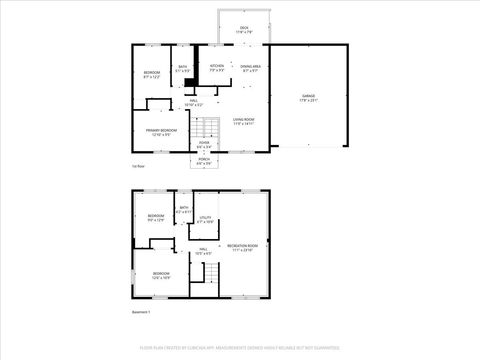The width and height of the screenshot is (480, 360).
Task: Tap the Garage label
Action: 308,98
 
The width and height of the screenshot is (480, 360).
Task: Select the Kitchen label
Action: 217,69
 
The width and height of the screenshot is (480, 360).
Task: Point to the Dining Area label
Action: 250,69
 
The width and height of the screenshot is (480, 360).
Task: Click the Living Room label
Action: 244,121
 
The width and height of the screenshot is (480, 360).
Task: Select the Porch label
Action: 204,162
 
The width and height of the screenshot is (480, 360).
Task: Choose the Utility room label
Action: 205,219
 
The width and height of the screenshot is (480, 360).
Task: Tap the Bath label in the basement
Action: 184,211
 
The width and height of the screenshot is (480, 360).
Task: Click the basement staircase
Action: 206,273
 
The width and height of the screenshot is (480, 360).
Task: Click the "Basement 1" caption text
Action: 142,312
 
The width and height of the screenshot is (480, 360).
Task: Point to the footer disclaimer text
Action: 240,347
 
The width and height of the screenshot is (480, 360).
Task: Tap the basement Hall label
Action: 203,251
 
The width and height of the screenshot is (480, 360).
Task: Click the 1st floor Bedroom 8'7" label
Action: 151,75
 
